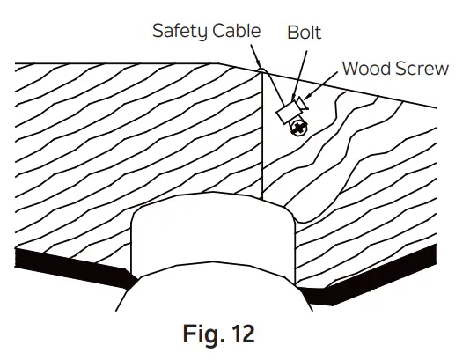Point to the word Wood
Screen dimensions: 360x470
(364, 68)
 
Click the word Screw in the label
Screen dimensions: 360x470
(419, 68)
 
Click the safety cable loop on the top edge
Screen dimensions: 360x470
(261, 68)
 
